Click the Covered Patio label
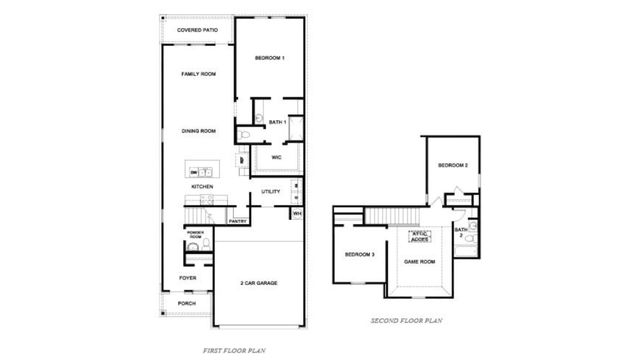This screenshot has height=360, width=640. [198, 31]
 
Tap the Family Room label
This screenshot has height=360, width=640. [198, 74]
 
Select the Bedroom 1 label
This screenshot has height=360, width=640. [270, 59]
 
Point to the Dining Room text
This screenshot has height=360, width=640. [198, 131]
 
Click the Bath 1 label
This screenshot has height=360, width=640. [278, 122]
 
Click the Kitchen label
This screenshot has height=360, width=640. [202, 187]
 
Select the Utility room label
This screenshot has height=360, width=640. [270, 191]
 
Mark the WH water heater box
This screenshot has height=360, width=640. [297, 214]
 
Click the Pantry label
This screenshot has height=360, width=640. [238, 221]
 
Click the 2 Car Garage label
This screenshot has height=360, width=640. [259, 283]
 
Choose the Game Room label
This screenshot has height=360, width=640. [419, 261]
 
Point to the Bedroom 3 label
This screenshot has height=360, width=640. [359, 255]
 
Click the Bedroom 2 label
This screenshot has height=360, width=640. [453, 165]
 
